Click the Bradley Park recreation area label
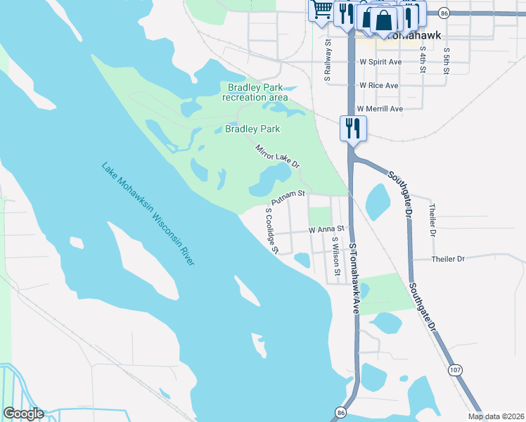(x=254, y=92)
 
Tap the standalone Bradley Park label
(x=252, y=129)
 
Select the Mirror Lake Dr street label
(x=278, y=156)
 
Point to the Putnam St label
(x=288, y=198)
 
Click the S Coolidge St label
(x=272, y=230)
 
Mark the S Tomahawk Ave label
(x=354, y=278)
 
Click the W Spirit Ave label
(x=380, y=62)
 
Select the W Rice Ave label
(x=378, y=85)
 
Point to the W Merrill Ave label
(x=379, y=109)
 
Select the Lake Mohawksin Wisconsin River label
(x=148, y=214)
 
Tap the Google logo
(x=23, y=414)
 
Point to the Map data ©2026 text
(x=496, y=416)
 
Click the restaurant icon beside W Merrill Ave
(x=352, y=129)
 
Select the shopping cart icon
(x=322, y=10)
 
